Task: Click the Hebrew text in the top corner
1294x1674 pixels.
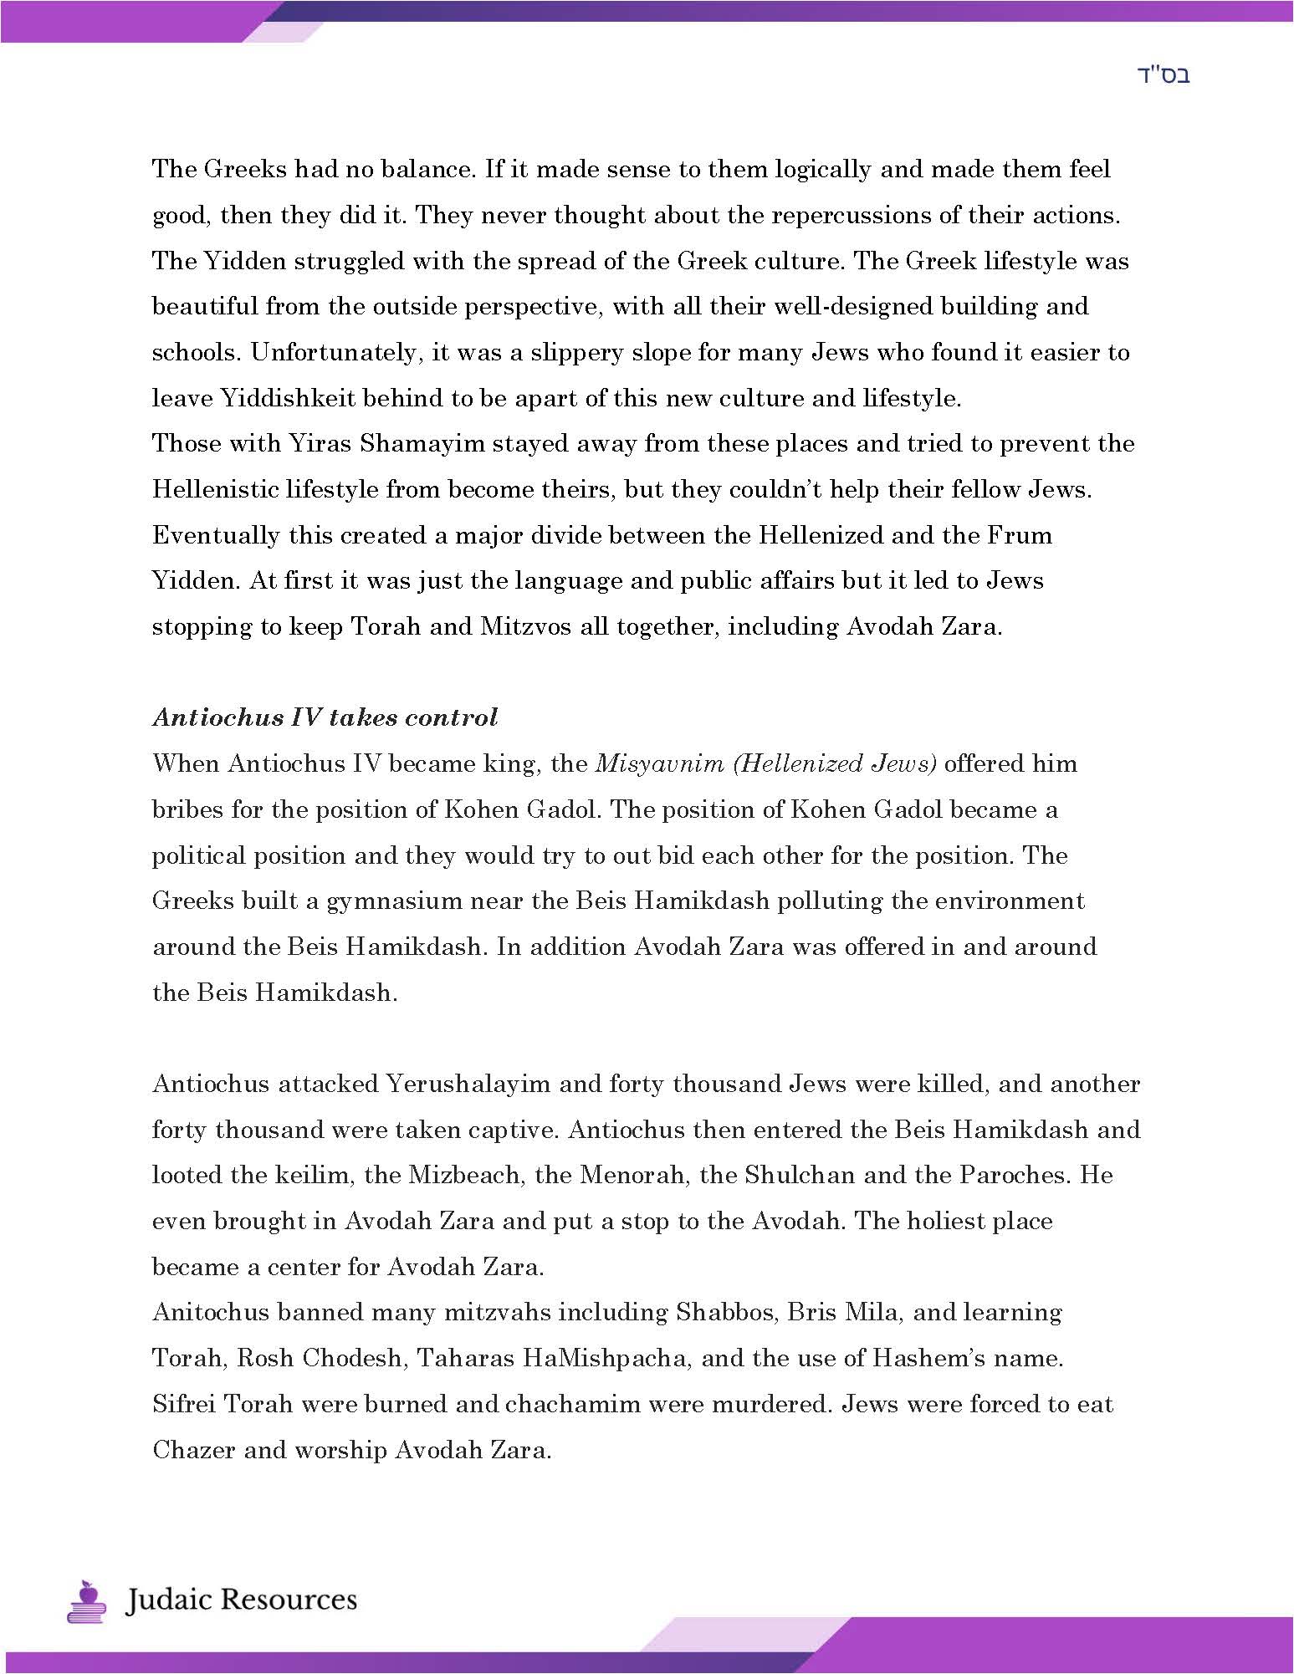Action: [x=1164, y=75]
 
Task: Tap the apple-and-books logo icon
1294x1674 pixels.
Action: [x=86, y=1600]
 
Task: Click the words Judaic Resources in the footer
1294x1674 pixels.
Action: [x=241, y=1600]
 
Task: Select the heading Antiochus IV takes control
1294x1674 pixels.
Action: [x=325, y=717]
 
